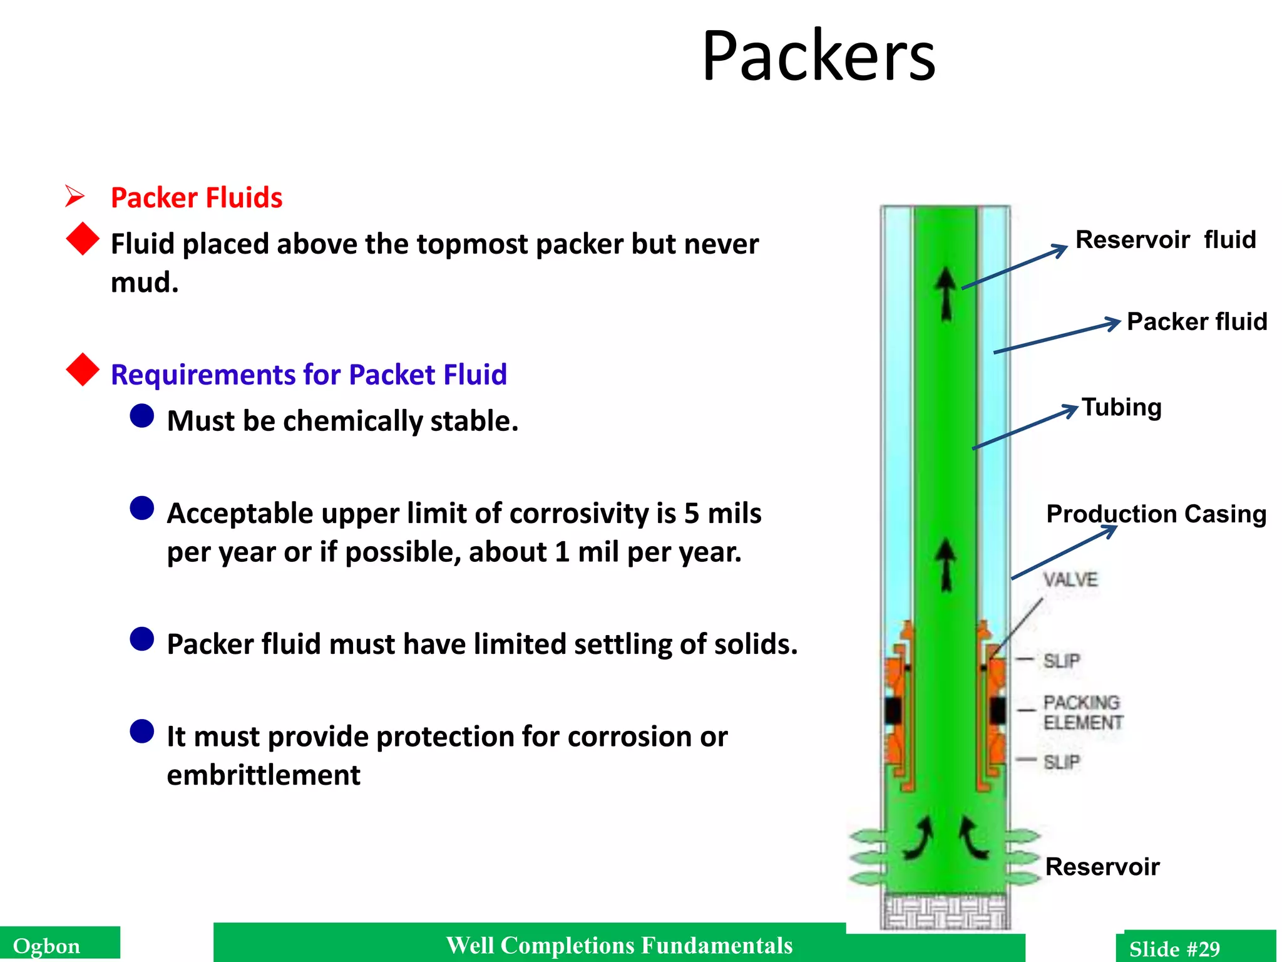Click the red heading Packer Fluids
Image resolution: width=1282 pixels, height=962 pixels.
(196, 198)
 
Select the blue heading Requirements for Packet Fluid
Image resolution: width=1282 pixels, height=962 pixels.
(308, 375)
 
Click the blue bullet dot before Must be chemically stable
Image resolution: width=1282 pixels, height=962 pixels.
(142, 416)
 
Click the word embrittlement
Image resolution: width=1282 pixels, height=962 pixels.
(264, 775)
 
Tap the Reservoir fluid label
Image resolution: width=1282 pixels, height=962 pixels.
(1165, 240)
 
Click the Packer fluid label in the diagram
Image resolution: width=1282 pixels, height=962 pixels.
(1196, 322)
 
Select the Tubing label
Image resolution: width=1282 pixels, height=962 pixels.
(1121, 408)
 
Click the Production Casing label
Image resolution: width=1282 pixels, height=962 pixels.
(1156, 514)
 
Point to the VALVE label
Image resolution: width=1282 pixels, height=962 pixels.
(1070, 580)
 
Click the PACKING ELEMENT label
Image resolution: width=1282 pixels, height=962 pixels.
(1082, 713)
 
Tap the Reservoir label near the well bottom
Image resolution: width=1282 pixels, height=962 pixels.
(1102, 867)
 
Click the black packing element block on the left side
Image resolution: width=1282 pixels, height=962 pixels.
(893, 710)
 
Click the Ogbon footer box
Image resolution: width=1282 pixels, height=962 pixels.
(59, 945)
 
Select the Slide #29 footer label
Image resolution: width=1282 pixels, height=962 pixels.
(1174, 948)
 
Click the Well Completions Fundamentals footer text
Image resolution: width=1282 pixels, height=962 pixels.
(618, 945)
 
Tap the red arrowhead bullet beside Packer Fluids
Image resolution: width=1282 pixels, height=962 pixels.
(75, 197)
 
